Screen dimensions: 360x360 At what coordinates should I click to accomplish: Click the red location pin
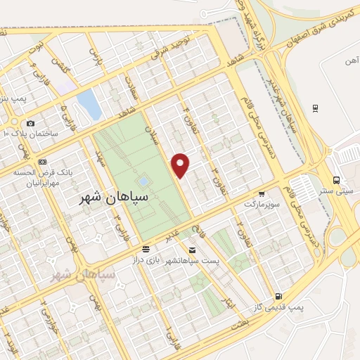[x=181, y=165]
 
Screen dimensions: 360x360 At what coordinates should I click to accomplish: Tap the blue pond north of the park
[x=89, y=105]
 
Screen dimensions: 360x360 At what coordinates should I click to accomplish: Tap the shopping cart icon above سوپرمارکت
[x=262, y=193]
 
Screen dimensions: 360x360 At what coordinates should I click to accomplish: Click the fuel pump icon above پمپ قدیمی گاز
[x=279, y=297]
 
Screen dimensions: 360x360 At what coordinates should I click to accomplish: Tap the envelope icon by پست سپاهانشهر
[x=192, y=249]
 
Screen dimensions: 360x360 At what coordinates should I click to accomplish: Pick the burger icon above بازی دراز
[x=146, y=249]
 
